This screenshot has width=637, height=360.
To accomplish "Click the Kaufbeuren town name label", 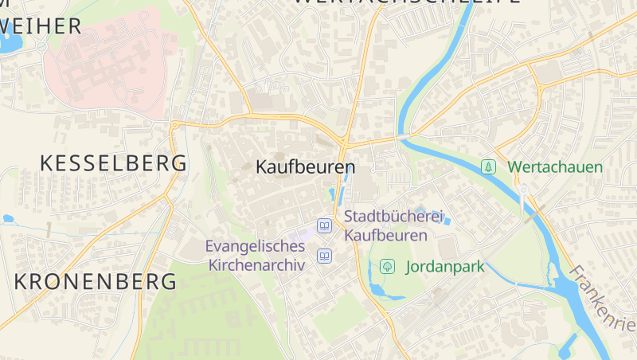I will (306, 168).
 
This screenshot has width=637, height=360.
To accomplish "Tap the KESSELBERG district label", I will (114, 163).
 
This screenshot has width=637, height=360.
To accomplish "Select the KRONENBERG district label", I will (96, 281).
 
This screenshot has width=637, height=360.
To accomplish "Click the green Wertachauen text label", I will (555, 167).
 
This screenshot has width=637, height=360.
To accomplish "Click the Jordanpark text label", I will (445, 267).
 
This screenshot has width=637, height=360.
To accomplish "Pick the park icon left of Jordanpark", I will (388, 266).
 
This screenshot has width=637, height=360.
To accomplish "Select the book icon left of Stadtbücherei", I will (325, 226).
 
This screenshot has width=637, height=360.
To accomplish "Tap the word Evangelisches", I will (255, 246).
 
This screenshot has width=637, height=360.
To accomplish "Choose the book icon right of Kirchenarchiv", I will (325, 256).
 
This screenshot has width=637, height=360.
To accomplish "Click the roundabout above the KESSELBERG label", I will (174, 124).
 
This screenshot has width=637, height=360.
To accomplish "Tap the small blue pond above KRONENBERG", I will (9, 218).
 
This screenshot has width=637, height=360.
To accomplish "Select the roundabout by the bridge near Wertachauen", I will (524, 190).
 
